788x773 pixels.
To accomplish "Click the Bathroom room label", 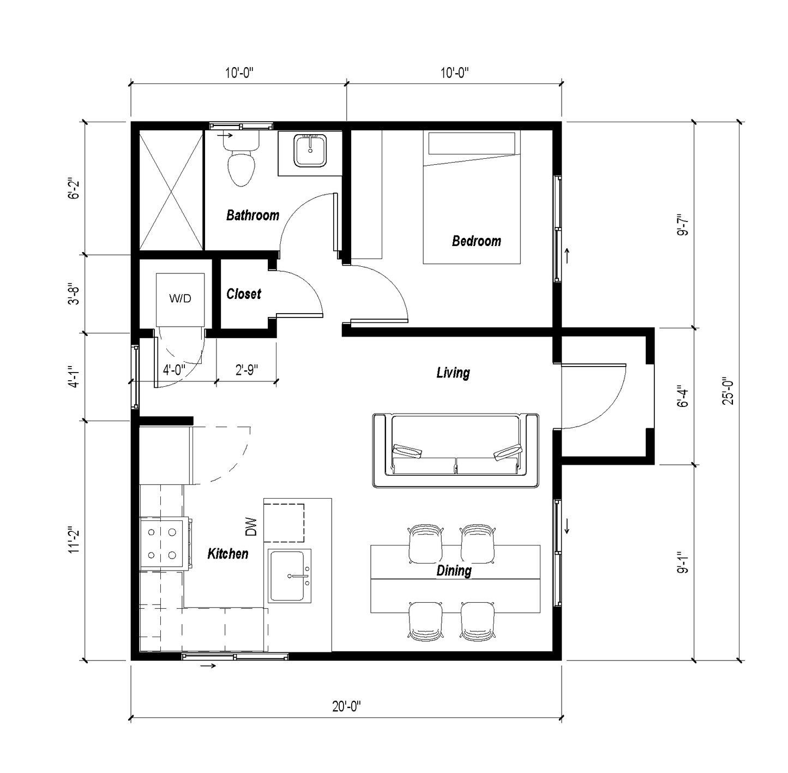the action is pyautogui.click(x=252, y=215).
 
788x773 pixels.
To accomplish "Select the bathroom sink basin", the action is pyautogui.click(x=310, y=151).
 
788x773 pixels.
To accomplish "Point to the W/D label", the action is pyautogui.click(x=181, y=298).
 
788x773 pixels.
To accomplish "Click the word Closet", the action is pyautogui.click(x=244, y=294).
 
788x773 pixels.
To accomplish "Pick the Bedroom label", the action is pyautogui.click(x=477, y=241).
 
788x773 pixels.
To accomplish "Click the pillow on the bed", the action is pyautogui.click(x=472, y=143).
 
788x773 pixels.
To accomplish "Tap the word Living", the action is pyautogui.click(x=453, y=373).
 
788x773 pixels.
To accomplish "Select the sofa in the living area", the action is pyautogui.click(x=455, y=451).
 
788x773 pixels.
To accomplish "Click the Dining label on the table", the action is pyautogui.click(x=454, y=571).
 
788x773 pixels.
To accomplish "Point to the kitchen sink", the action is pyautogui.click(x=290, y=576).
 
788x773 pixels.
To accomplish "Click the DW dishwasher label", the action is pyautogui.click(x=251, y=527).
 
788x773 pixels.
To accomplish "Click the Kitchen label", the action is pyautogui.click(x=228, y=554).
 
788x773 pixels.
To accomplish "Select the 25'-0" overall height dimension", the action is pyautogui.click(x=728, y=391).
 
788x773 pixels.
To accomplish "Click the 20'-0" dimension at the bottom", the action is pyautogui.click(x=346, y=706).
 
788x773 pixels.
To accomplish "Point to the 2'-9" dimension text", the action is pyautogui.click(x=246, y=370).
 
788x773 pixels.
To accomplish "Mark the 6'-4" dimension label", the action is pyautogui.click(x=683, y=396).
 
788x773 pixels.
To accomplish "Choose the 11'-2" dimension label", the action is pyautogui.click(x=74, y=540).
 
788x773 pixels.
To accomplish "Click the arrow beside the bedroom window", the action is pyautogui.click(x=567, y=256).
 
